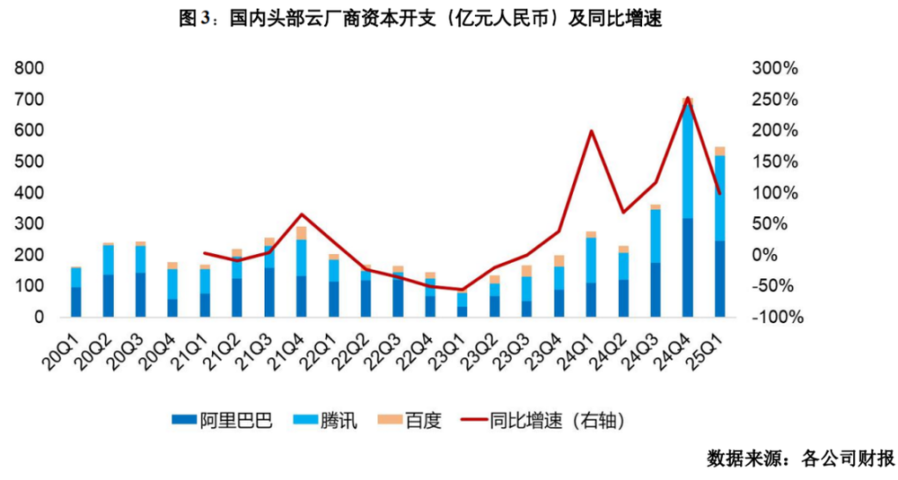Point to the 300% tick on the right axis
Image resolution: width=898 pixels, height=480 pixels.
coord(775,68)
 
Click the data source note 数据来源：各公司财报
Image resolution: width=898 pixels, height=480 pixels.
coord(800,458)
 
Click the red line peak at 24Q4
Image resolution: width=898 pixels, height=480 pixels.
coord(687,99)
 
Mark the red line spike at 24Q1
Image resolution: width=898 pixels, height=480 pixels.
coord(591,132)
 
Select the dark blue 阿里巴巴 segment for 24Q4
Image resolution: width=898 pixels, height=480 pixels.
coord(687,267)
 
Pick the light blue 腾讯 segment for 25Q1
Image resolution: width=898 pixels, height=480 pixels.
coord(719,197)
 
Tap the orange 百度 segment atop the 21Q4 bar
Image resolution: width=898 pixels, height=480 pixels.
coord(301,233)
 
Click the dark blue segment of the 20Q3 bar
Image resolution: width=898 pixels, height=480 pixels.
coord(140,294)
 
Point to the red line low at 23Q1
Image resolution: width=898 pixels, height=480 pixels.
coord(462,290)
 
